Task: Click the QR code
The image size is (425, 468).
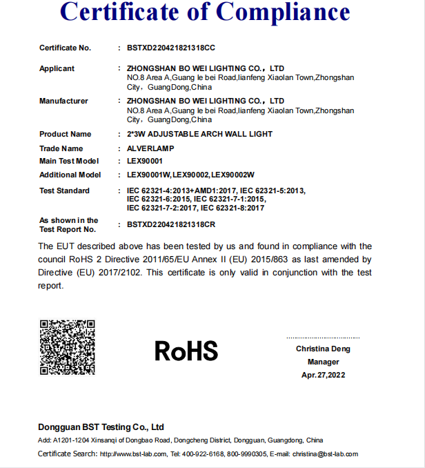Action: click(x=67, y=347)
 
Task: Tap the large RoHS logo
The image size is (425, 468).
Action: click(x=186, y=350)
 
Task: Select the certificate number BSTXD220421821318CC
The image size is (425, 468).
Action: click(x=171, y=48)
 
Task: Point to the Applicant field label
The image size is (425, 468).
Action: click(x=57, y=68)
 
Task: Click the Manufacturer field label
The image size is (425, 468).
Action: click(x=63, y=101)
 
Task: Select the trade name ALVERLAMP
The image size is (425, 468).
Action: click(x=151, y=148)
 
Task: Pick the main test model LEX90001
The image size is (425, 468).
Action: click(x=145, y=161)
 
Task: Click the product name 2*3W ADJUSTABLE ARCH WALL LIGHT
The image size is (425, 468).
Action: click(x=199, y=134)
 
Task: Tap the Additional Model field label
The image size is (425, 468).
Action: click(x=70, y=175)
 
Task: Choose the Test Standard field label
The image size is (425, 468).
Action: click(x=64, y=191)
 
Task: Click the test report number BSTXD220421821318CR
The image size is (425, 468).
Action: click(x=171, y=225)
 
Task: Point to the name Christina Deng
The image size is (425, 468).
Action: click(x=323, y=349)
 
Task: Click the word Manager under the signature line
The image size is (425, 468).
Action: click(x=323, y=362)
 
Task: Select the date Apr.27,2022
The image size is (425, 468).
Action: click(x=323, y=375)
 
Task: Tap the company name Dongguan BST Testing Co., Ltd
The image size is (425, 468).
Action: click(x=101, y=427)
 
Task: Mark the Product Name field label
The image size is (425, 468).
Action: click(x=65, y=134)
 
